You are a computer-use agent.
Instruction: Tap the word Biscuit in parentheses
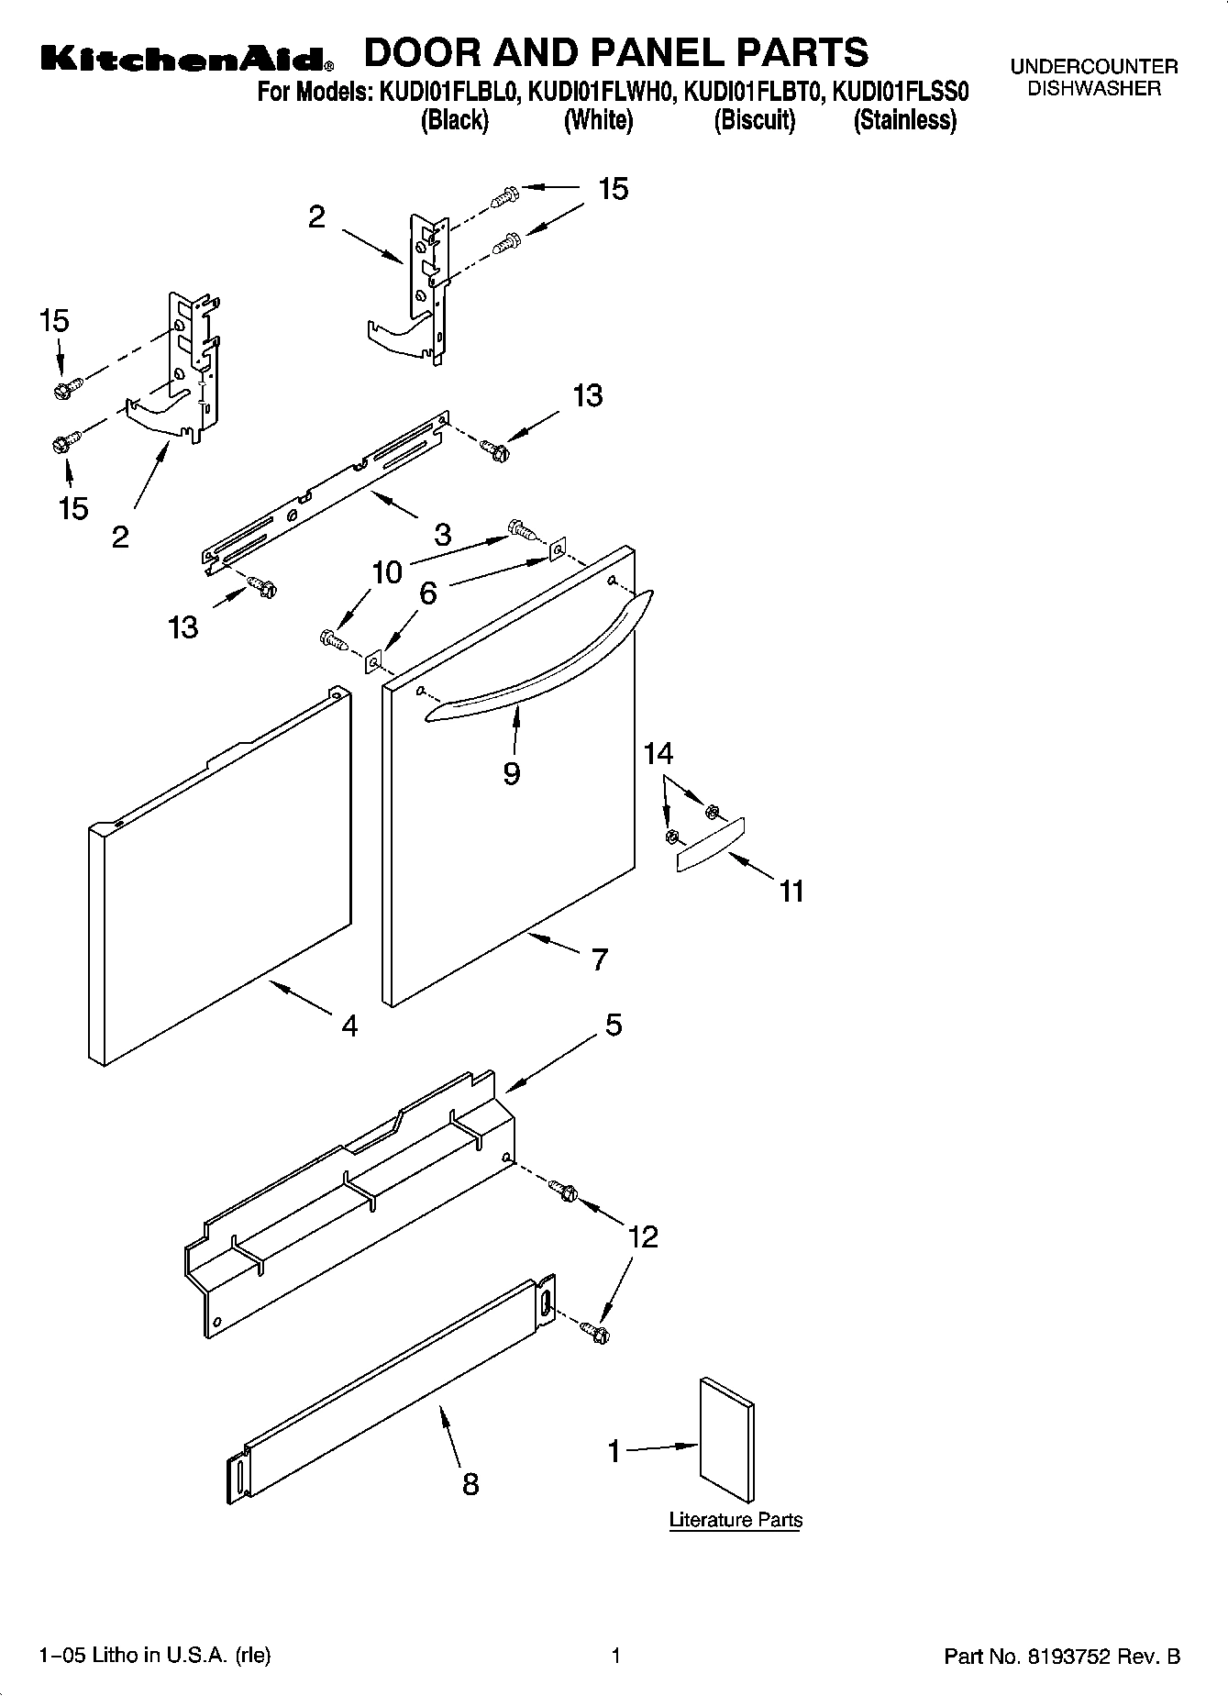754,120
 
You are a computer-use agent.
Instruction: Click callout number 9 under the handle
512,772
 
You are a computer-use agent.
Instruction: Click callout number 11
791,890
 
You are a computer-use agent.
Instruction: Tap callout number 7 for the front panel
599,959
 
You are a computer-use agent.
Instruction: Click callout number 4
349,1025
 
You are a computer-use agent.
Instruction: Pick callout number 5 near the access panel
614,1024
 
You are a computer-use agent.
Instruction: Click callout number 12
643,1236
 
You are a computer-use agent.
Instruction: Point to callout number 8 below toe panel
470,1483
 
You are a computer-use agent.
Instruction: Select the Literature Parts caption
736,1519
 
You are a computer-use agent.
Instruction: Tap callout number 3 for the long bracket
442,534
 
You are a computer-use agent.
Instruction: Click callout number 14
658,754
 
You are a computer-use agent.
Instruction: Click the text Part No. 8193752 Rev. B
1061,1656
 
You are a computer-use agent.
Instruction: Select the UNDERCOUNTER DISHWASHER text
1093,78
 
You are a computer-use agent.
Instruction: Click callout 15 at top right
613,189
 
